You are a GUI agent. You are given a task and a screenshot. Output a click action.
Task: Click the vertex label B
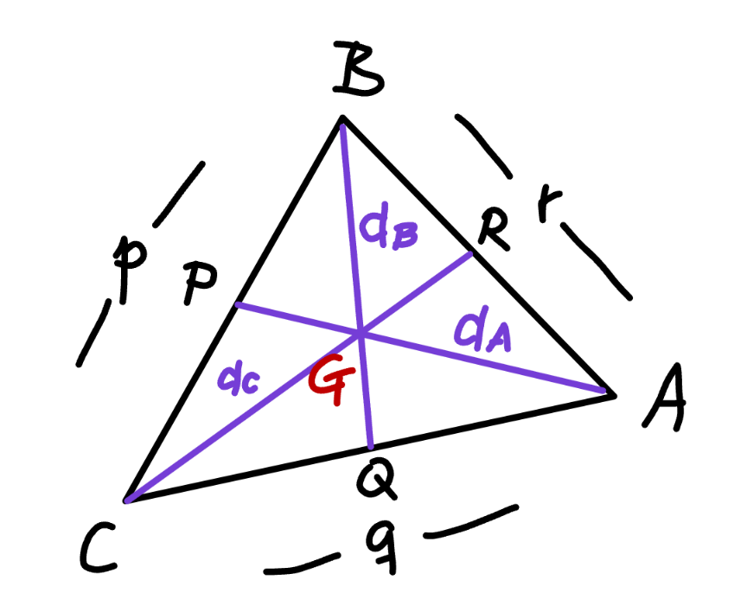coord(358,68)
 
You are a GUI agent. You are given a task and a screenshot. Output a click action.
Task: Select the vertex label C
coord(98,547)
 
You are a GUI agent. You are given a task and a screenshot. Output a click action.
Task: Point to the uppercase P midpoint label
coord(200,282)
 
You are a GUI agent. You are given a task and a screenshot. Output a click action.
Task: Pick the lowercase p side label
coord(130,269)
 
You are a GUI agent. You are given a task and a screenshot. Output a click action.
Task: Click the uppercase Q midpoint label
coord(375,481)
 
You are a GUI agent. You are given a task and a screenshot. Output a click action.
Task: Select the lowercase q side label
coord(382,545)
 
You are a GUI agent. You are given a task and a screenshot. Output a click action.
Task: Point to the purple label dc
coord(239,379)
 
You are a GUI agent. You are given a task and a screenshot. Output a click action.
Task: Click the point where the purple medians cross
coord(361,332)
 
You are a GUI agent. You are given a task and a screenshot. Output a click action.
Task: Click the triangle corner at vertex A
coord(615,395)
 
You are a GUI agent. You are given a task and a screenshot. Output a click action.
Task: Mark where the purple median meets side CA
coord(371,447)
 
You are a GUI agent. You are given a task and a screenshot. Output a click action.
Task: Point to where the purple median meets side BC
coord(236,303)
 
